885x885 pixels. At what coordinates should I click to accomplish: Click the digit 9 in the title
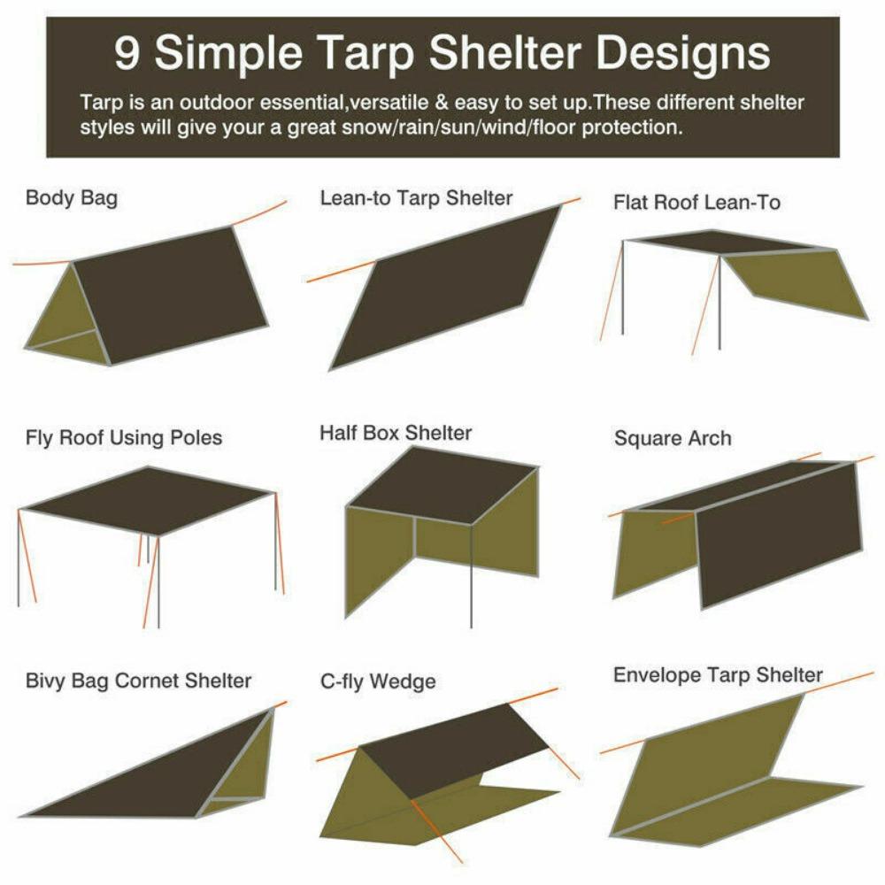coord(129,55)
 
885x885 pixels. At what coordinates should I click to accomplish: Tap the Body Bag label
coord(71,197)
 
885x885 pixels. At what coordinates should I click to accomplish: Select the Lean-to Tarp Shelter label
coord(416,198)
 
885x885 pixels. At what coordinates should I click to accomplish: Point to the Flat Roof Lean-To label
coord(696,203)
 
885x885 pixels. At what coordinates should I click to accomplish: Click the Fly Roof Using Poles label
coord(124,437)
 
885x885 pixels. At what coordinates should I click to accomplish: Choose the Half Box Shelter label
coord(396,434)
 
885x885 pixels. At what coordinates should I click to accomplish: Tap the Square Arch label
coord(673,438)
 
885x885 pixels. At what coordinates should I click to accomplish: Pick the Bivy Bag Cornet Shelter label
coord(138,681)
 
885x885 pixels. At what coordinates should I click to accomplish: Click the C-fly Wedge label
coord(378,682)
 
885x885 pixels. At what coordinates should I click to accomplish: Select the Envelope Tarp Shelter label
coord(718,675)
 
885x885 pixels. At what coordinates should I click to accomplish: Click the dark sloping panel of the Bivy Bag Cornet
coord(150,770)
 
